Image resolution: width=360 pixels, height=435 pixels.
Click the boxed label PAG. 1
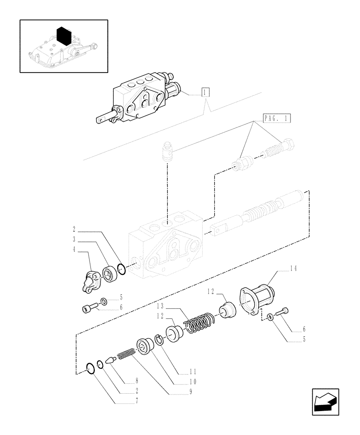(277, 118)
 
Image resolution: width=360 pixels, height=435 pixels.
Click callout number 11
(193, 372)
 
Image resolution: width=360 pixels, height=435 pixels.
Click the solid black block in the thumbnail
(63, 36)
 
